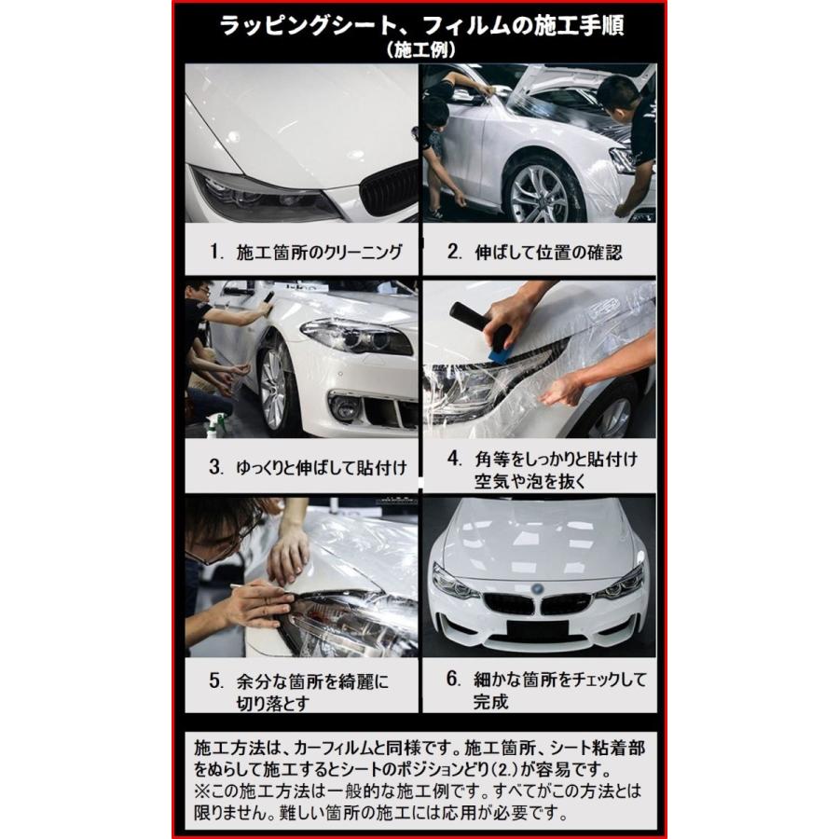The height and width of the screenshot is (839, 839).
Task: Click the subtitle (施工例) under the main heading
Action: pyautogui.click(x=419, y=50)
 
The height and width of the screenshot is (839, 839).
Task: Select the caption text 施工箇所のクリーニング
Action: pyautogui.click(x=317, y=252)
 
